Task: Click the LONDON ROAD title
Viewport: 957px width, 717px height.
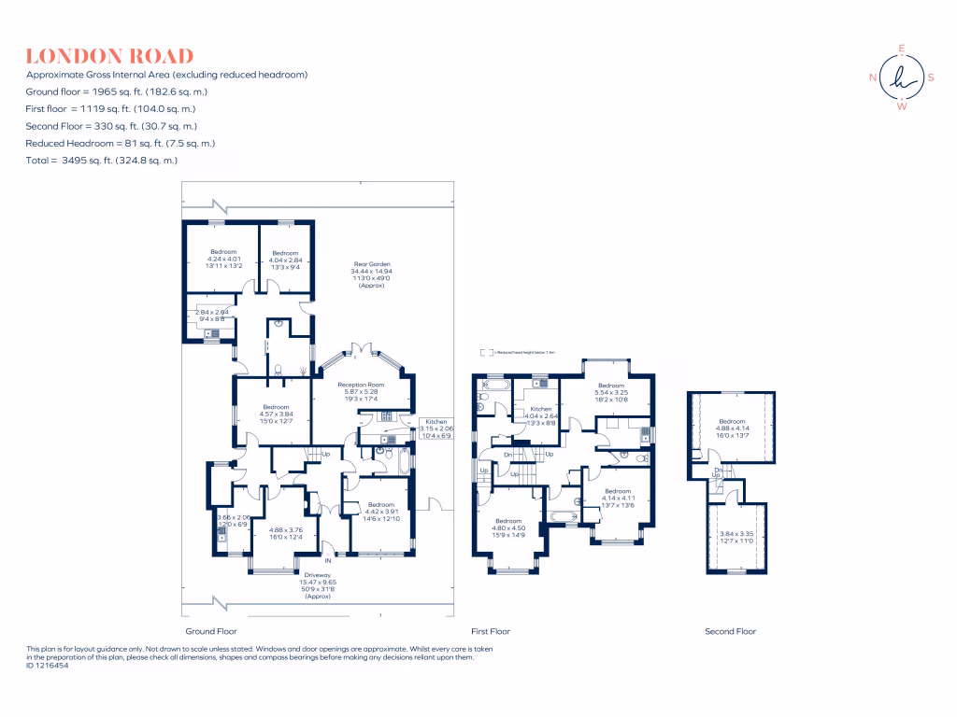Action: pyautogui.click(x=110, y=56)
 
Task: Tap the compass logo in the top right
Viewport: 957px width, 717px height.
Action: pyautogui.click(x=901, y=77)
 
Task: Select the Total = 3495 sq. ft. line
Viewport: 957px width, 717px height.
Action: pyautogui.click(x=102, y=161)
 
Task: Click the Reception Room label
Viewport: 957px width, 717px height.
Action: pyautogui.click(x=362, y=391)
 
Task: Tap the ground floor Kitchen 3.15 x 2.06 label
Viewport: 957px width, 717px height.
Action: pyautogui.click(x=437, y=429)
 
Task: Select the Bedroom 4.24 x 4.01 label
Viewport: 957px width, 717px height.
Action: pyautogui.click(x=223, y=259)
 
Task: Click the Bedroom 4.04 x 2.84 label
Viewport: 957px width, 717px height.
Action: pyautogui.click(x=285, y=259)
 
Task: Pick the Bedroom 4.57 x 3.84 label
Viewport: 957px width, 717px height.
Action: pyautogui.click(x=276, y=413)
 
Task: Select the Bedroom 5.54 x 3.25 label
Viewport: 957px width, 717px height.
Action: pyautogui.click(x=611, y=392)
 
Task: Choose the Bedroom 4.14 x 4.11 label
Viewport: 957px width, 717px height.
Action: pyautogui.click(x=618, y=498)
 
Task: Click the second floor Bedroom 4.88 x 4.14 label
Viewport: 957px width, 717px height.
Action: pyautogui.click(x=732, y=428)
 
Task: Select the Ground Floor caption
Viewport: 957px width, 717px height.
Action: pyautogui.click(x=204, y=631)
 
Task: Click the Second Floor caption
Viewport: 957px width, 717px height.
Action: pyautogui.click(x=730, y=631)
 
